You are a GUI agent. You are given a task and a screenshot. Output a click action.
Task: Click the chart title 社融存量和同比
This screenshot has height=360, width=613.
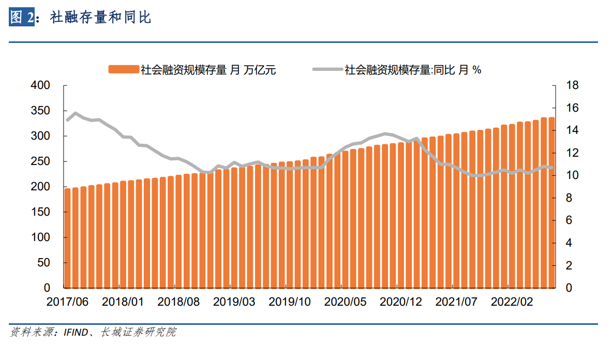100,18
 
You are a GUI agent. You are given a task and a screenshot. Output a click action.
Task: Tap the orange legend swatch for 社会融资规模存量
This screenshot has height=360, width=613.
124,70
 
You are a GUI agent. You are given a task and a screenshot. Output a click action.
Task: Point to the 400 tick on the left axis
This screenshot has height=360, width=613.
41,85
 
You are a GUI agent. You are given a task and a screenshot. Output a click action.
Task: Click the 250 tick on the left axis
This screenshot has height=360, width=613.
41,161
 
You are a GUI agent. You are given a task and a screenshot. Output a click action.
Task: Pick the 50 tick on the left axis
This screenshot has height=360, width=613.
44,263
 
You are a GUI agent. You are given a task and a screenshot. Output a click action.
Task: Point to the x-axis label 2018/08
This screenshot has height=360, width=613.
178,302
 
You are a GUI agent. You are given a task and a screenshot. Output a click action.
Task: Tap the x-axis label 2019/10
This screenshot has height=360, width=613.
289,302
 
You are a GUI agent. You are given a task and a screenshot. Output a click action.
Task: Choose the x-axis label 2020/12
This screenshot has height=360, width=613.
400,302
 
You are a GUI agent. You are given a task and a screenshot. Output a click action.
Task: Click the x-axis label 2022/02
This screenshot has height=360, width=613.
512,302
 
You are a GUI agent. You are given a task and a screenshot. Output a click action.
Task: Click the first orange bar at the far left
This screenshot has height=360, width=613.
67,238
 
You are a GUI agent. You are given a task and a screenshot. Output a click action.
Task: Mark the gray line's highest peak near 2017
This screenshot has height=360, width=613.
76,113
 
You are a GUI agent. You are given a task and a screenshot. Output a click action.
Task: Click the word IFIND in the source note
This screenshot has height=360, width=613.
76,332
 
